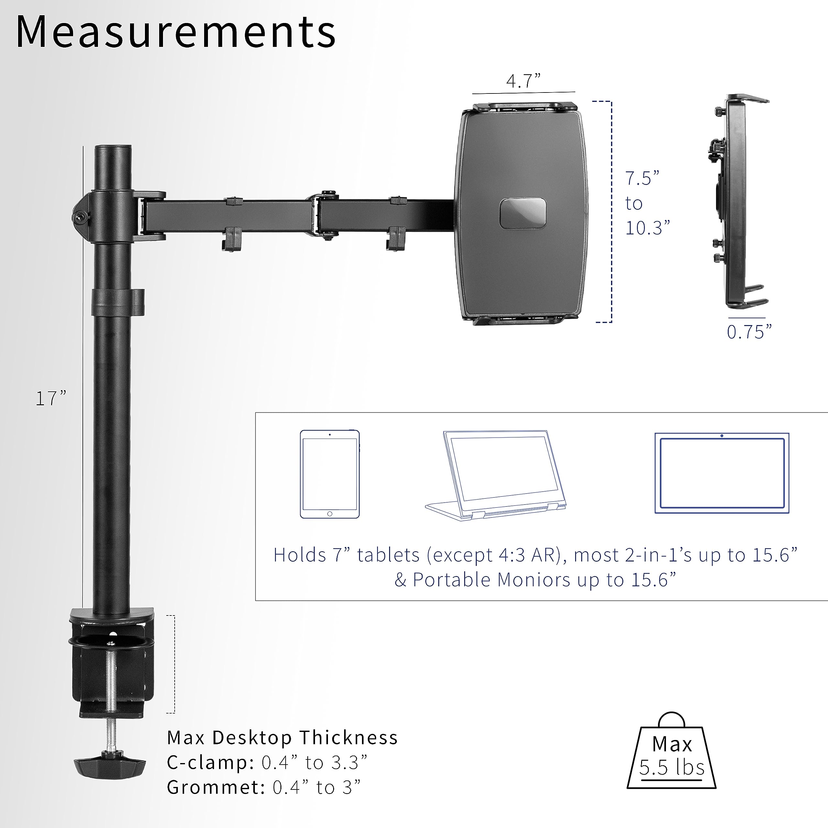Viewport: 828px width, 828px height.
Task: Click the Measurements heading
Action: pos(176,32)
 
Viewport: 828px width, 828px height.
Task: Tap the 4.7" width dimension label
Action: pos(523,81)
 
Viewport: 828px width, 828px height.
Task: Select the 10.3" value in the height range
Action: pos(647,228)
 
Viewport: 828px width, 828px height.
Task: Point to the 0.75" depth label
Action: pos(749,332)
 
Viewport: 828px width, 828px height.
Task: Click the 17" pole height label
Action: pos(50,398)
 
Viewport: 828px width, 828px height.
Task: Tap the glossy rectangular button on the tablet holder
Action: pos(523,213)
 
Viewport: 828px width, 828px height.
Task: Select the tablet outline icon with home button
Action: pos(330,474)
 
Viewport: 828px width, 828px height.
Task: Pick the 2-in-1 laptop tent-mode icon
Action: pos(496,476)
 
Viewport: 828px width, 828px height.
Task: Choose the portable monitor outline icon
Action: pos(722,473)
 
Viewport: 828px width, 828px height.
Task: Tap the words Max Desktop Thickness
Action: pos(282,737)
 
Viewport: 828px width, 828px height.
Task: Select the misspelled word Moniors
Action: pos(534,580)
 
